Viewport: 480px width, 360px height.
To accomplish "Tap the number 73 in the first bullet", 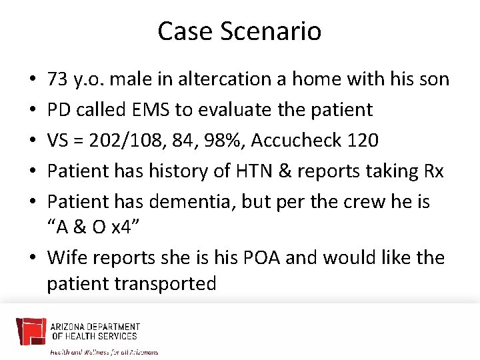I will pyautogui.click(x=57, y=79).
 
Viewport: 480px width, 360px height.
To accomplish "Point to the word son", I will pyautogui.click(x=433, y=79).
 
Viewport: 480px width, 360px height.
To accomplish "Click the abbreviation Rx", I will pyautogui.click(x=433, y=171).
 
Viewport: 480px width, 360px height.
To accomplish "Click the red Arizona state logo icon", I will pyautogui.click(x=31, y=332).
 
